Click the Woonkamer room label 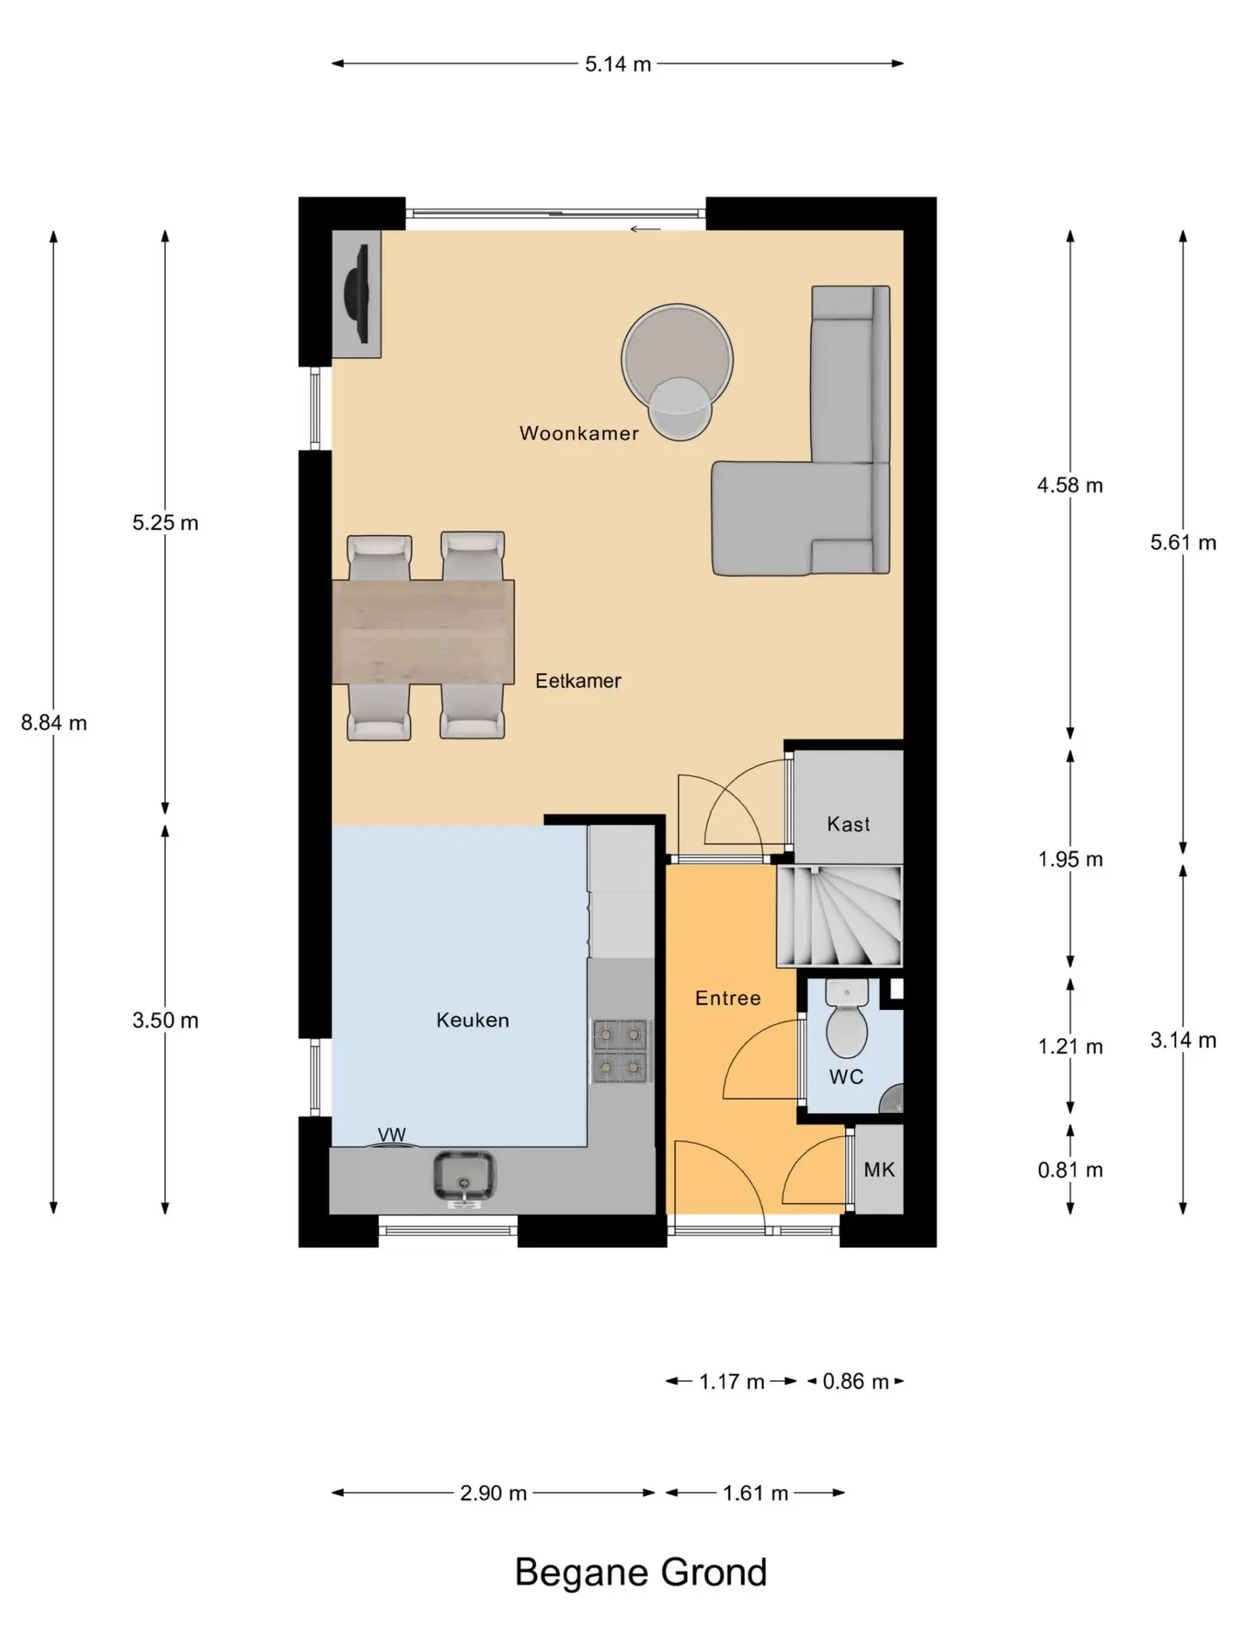point(579,433)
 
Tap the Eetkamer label point(578,681)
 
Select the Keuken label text point(472,1020)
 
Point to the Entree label point(728,998)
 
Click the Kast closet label point(849,824)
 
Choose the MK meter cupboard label point(880,1170)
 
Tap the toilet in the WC point(847,1019)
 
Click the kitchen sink point(464,1177)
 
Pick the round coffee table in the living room point(678,360)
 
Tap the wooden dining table point(424,632)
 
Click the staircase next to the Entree point(839,916)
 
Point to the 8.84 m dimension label point(54,723)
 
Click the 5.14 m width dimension point(618,64)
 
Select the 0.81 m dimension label point(1070,1170)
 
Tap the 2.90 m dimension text point(493,1493)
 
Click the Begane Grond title point(641,1573)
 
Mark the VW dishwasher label point(392,1135)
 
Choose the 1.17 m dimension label point(732,1382)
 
